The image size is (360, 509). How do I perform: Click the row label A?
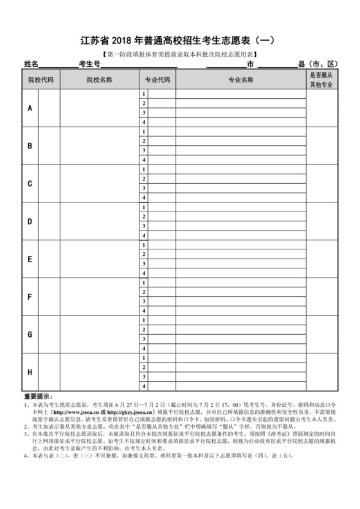click(30, 108)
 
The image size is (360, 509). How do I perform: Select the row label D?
click(30, 221)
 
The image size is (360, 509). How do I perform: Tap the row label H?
click(30, 372)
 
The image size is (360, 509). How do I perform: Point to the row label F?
click(30, 297)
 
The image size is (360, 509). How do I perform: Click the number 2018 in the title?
click(129, 40)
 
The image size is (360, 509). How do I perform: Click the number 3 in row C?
click(144, 188)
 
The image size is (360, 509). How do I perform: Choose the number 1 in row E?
click(144, 245)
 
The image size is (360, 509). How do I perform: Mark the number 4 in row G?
click(144, 348)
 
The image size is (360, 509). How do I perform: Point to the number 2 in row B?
click(144, 141)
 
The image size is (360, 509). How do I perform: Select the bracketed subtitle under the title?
click(179, 55)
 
